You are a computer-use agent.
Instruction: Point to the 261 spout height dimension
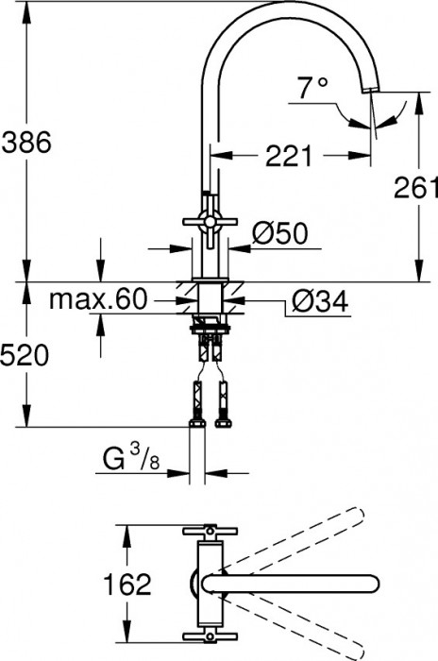tap(416, 187)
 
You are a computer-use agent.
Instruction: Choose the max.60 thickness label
tap(98, 300)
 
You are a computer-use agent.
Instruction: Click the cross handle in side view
tap(209, 229)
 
